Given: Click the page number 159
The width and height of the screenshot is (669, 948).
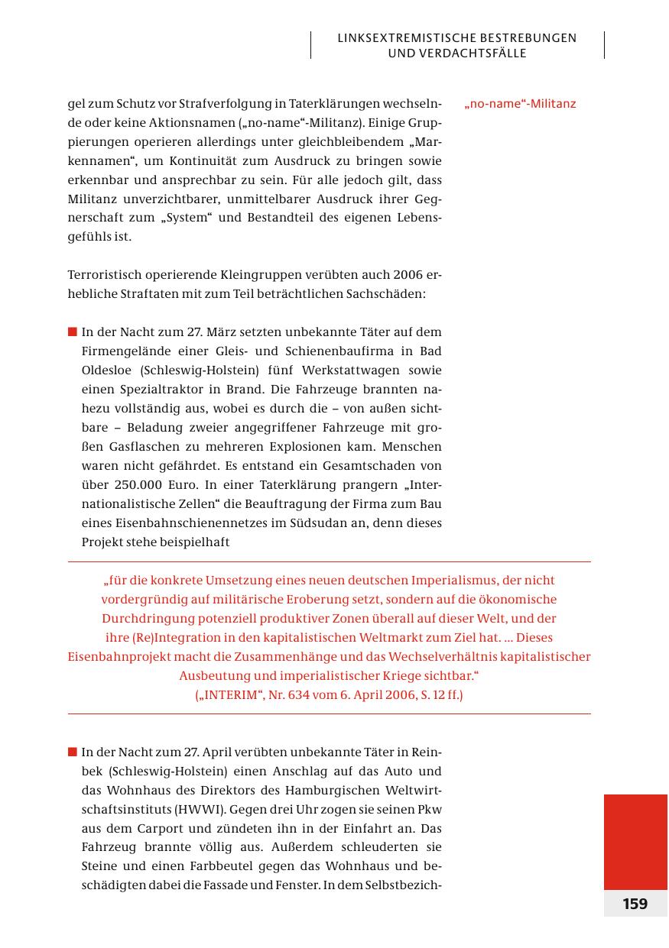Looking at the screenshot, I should tap(635, 904).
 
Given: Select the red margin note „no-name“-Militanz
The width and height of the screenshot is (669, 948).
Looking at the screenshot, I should tap(520, 104).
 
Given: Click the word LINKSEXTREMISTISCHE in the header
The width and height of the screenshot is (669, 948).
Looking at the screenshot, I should tap(402, 37).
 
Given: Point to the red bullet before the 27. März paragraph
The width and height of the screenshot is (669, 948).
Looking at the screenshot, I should tap(73, 332).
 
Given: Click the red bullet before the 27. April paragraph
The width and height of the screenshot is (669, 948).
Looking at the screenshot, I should tap(73, 752).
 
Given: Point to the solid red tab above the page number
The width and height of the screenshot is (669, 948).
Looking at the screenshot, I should tap(635, 841).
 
